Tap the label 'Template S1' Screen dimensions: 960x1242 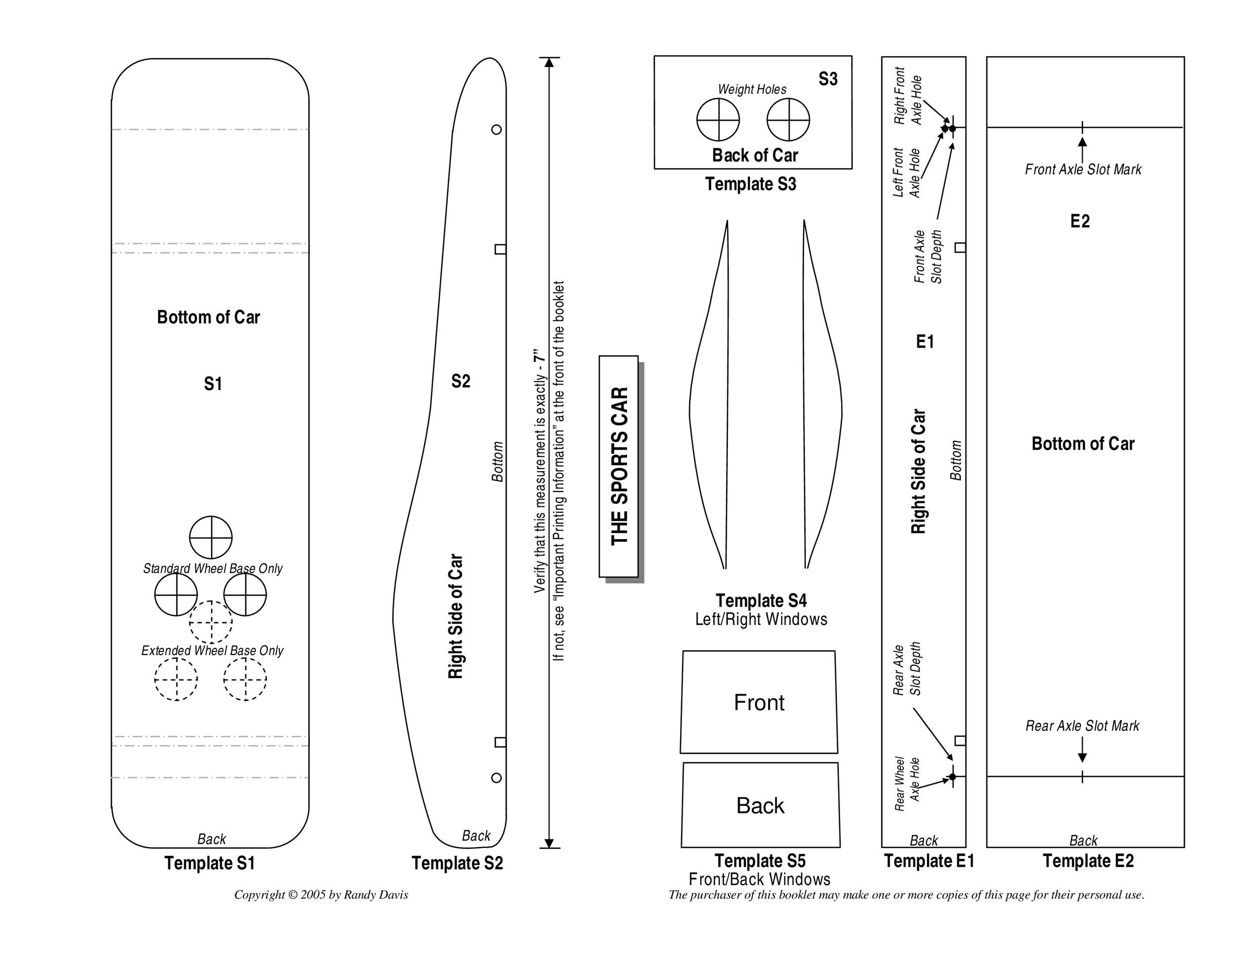210,863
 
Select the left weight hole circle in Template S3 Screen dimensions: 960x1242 718,119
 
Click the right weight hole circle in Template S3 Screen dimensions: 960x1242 788,119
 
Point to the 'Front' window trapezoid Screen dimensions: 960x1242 759,703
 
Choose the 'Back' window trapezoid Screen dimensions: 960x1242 760,805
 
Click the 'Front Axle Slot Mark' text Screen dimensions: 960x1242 1083,169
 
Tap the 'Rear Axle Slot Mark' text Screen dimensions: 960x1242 1082,725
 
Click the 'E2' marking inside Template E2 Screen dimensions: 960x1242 1080,221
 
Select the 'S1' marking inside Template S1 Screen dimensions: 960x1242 213,384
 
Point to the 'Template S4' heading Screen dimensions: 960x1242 761,601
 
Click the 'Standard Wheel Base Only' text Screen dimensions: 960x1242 213,568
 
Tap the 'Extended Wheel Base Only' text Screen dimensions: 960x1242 212,650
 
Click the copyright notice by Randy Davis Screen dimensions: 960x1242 321,894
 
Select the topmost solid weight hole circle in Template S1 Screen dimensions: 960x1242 211,538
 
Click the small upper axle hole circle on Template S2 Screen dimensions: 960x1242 496,130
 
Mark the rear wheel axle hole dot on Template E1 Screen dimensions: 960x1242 952,777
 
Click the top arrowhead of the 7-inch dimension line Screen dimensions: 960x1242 549,62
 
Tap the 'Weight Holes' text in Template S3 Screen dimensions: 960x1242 752,89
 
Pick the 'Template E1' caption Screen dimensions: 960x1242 929,861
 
